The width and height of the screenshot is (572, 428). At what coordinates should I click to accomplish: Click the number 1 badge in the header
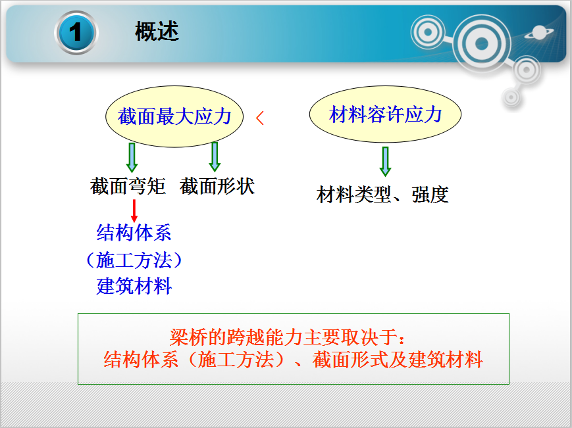pos(76,32)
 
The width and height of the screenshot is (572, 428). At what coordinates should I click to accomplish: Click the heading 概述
pos(157,32)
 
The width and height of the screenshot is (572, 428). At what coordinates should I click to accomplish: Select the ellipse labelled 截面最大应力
pos(174,116)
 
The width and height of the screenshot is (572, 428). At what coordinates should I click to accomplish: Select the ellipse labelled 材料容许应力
pos(385,114)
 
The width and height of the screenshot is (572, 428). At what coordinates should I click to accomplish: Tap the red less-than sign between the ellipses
pos(260,118)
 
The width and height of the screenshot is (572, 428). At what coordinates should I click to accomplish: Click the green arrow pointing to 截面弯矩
pos(132,157)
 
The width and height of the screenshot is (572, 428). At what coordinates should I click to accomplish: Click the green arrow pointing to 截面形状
pos(215,156)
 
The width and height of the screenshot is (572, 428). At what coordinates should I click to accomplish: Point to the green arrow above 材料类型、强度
pos(385,162)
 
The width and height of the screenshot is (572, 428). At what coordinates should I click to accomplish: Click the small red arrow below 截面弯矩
pos(134,211)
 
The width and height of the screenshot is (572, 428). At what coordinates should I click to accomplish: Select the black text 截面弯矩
pos(128,186)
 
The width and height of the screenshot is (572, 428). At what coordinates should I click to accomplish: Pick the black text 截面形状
pos(217,186)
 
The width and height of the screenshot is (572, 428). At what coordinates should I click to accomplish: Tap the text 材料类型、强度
pos(382,195)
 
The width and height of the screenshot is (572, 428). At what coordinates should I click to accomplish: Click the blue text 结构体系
pos(134,233)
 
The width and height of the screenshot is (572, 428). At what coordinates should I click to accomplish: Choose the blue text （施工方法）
pos(134,260)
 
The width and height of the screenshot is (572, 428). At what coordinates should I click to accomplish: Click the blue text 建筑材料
pos(134,286)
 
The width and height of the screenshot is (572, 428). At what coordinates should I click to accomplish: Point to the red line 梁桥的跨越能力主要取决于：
pos(288,337)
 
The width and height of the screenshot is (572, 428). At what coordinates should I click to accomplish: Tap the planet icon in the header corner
pos(539,33)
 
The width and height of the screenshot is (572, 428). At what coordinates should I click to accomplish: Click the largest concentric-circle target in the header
pos(482,43)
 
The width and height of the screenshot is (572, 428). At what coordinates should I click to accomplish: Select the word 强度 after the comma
pos(430,195)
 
